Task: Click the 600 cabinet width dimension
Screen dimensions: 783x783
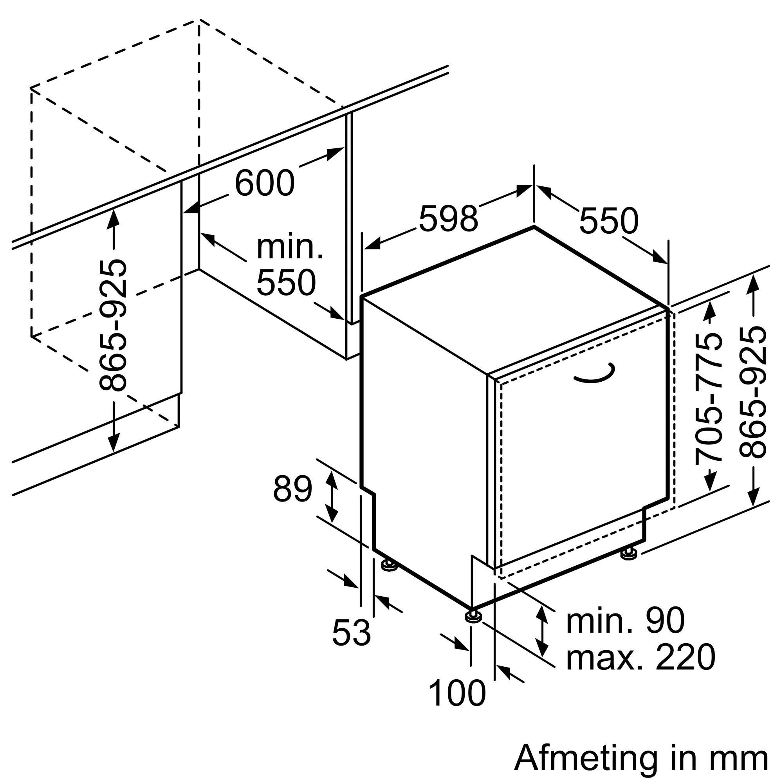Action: pos(264,184)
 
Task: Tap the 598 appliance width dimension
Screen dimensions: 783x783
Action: pos(449,219)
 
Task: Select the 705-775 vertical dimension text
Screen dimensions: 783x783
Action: pos(709,399)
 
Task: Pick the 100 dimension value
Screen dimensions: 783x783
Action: pos(457,694)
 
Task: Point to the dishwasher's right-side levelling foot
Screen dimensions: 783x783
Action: pos(629,554)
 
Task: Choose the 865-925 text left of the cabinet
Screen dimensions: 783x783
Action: pos(113,325)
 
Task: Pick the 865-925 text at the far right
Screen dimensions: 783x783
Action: pos(753,393)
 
